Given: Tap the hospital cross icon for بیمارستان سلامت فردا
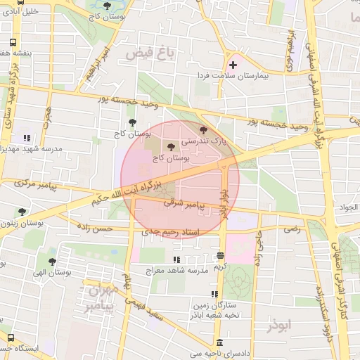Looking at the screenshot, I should coord(233,65).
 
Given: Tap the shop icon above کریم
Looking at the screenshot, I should coord(221,256).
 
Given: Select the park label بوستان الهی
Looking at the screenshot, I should coord(53,271).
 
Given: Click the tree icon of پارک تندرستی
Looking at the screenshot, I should coord(204,129).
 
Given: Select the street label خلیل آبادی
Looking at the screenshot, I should coord(21,12).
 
